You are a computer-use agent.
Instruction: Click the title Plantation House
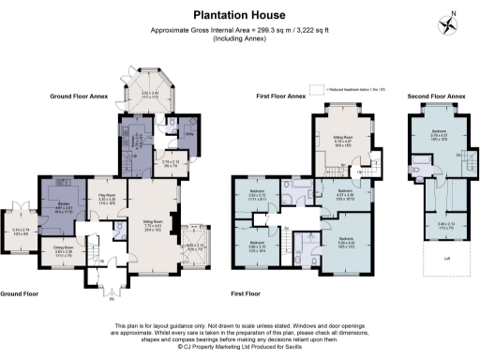(239, 16)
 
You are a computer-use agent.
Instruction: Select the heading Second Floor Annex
(436, 97)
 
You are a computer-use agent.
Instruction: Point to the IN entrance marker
(113, 300)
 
